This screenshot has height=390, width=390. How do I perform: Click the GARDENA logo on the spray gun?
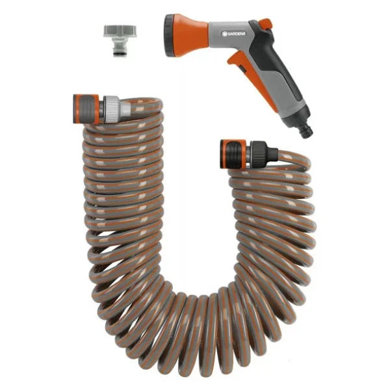click(x=234, y=34)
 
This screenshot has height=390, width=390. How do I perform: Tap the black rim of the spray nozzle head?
click(x=168, y=35)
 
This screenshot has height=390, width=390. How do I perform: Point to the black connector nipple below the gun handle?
click(x=307, y=131)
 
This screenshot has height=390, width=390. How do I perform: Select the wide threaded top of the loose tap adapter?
click(x=120, y=31)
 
